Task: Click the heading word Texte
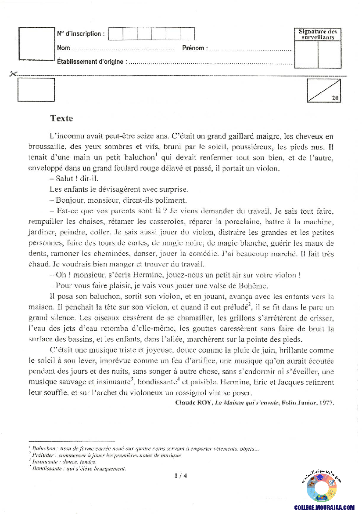pos(61,118)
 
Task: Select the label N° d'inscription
pos(81,34)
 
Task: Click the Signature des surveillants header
pos(318,34)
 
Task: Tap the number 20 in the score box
pos(335,98)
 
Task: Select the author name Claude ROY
pos(193,402)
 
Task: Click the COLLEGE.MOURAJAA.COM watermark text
pos(324,507)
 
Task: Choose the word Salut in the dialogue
pos(66,179)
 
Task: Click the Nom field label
pos(63,48)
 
